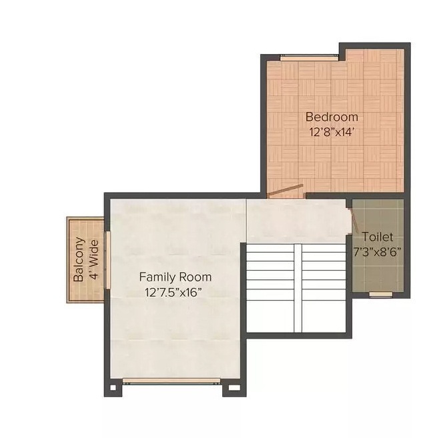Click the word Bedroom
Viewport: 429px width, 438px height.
point(332,117)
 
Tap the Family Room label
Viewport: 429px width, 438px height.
point(175,277)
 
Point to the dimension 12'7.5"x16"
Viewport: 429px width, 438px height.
point(173,291)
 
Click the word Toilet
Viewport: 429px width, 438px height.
point(378,237)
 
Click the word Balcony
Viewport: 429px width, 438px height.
point(79,259)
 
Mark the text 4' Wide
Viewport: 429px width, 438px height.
point(95,260)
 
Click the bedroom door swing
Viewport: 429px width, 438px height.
point(285,191)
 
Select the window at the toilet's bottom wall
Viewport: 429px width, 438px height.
point(380,294)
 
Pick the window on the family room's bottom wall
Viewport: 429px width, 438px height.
point(172,381)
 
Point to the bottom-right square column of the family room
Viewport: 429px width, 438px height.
point(234,386)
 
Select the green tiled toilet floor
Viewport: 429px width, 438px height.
point(378,273)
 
